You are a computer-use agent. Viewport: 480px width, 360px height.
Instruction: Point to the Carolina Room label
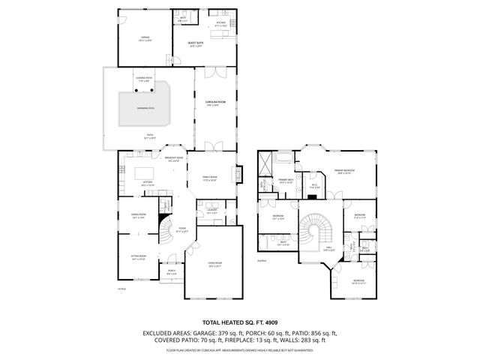(x=217, y=103)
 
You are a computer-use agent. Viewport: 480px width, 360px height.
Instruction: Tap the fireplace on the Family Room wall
(x=239, y=174)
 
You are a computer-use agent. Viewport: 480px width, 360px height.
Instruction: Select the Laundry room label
(x=212, y=212)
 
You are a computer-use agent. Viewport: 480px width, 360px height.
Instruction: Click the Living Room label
(x=215, y=265)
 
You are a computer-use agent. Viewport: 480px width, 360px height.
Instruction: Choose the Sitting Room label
(x=138, y=257)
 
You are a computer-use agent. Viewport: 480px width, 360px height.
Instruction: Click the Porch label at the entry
(x=171, y=272)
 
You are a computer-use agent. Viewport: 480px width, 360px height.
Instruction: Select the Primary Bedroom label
(x=345, y=172)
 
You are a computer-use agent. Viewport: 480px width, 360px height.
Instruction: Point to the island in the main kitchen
(x=144, y=173)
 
